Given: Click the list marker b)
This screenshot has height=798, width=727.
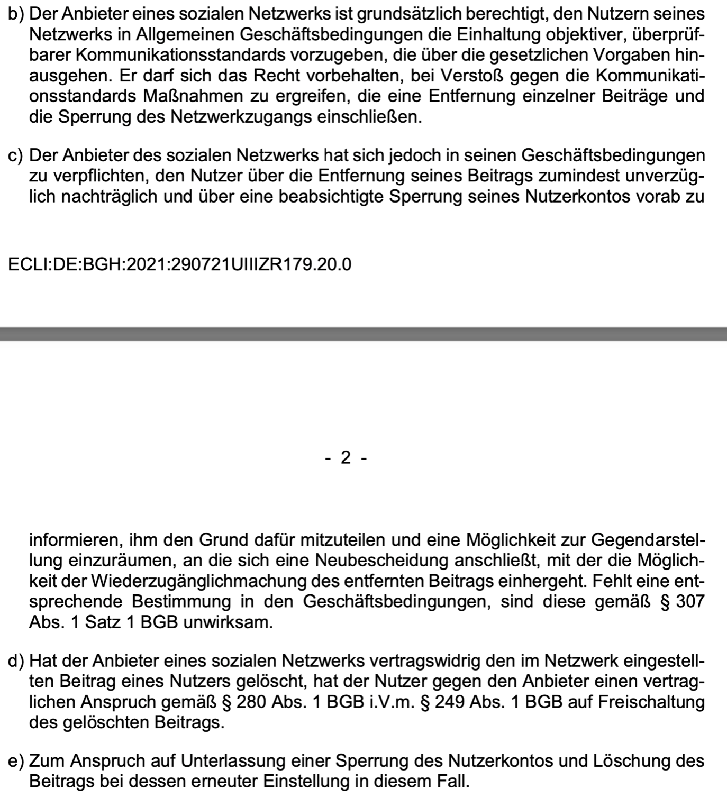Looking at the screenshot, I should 16,14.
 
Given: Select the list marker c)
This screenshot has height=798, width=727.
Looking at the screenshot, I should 16,155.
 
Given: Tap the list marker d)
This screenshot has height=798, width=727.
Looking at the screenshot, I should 16,661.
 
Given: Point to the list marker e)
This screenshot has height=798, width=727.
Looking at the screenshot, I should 16,761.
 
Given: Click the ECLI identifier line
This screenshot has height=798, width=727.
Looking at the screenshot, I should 180,263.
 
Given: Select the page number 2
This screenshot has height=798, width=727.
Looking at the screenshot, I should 346,457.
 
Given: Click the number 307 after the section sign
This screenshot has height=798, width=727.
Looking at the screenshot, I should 690,602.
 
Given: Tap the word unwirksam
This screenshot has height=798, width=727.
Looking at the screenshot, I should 228,622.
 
